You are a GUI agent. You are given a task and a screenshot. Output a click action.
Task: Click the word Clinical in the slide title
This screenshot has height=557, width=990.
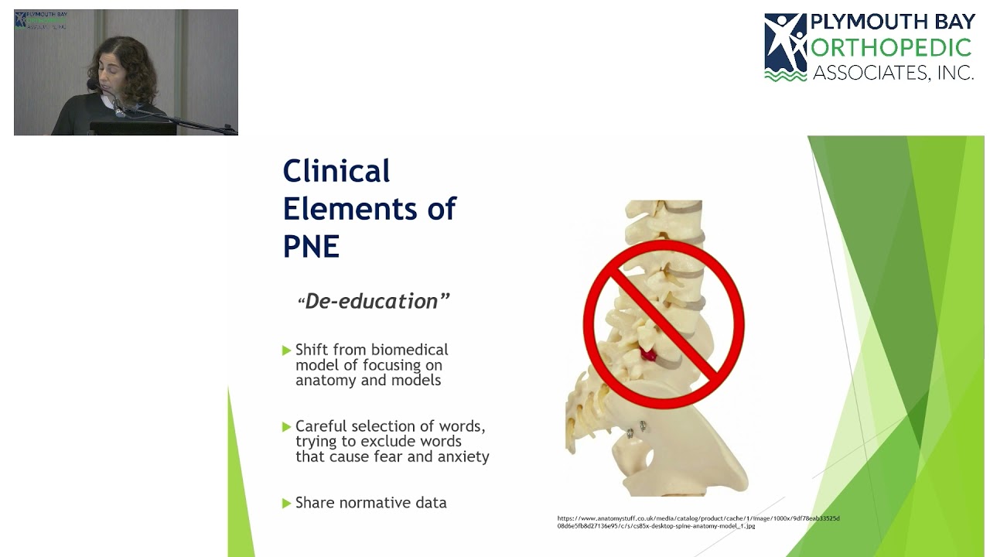pyautogui.click(x=336, y=171)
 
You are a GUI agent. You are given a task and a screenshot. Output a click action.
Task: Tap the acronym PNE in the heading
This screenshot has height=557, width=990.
pyautogui.click(x=311, y=247)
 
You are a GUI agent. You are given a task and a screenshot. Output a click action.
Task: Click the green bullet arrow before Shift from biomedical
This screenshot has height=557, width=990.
pyautogui.click(x=287, y=350)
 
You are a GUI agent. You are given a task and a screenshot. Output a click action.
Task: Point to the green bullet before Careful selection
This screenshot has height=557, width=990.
pyautogui.click(x=287, y=426)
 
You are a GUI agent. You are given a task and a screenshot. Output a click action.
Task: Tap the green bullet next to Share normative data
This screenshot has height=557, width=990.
pyautogui.click(x=287, y=503)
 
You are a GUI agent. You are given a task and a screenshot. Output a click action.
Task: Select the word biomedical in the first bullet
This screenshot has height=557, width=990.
pyautogui.click(x=410, y=350)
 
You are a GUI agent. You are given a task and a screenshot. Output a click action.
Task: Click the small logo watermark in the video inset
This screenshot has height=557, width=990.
pyautogui.click(x=40, y=20)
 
